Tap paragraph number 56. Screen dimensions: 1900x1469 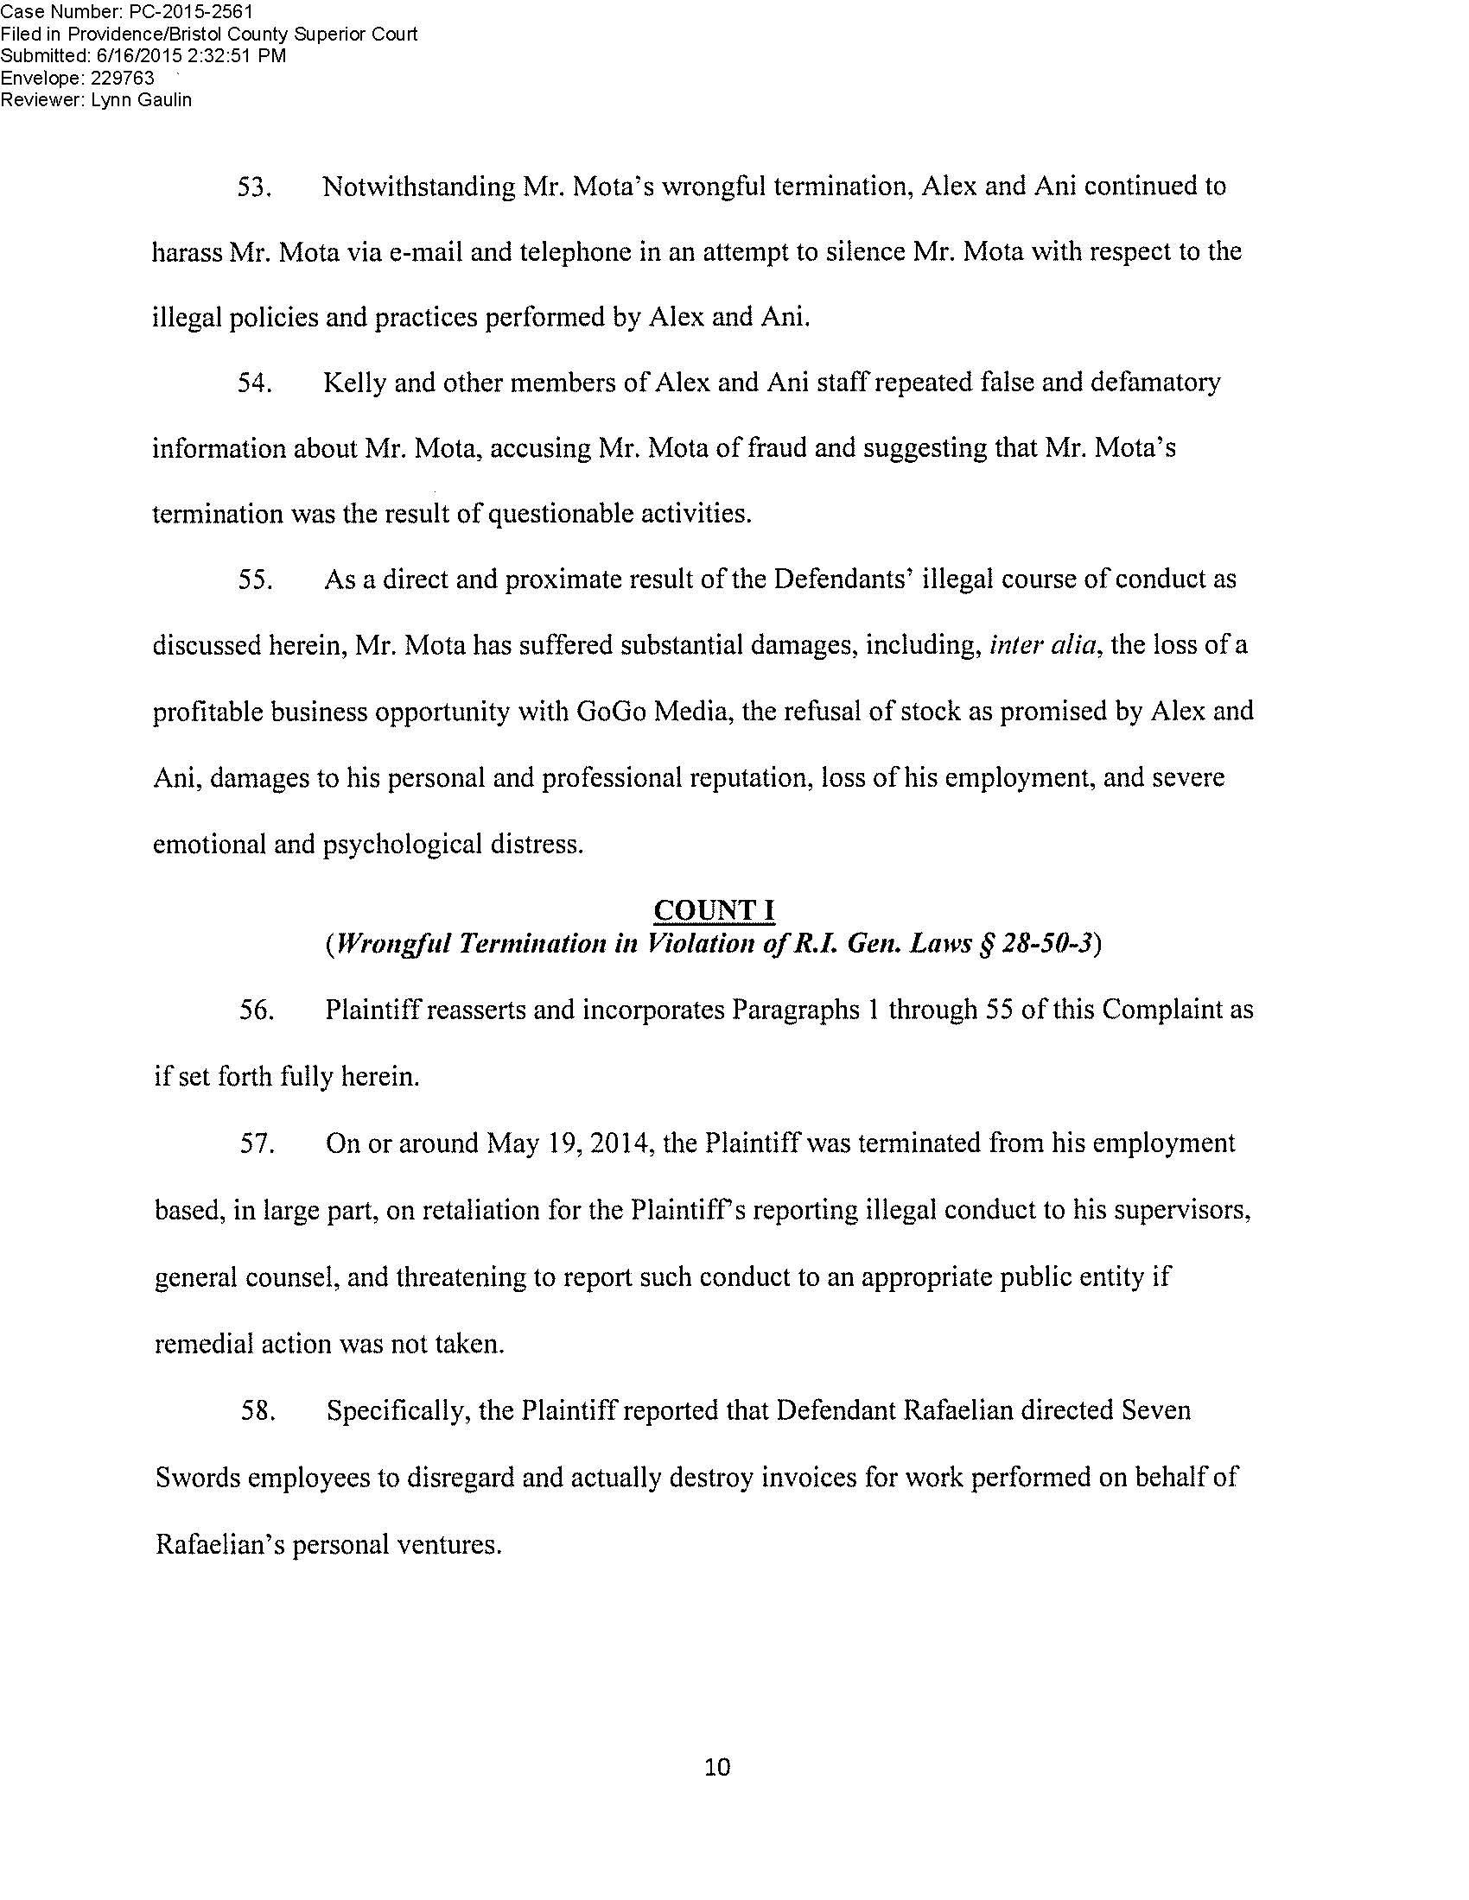coord(258,1011)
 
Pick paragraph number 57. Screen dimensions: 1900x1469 coord(258,1144)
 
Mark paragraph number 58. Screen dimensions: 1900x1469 coord(258,1410)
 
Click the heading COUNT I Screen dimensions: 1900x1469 coord(715,910)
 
